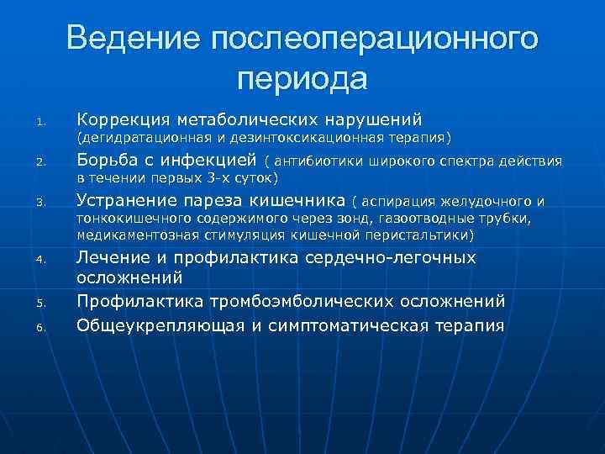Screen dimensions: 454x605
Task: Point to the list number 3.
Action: point(39,203)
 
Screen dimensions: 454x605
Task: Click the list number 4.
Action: point(39,261)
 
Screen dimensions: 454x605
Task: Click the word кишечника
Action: point(299,200)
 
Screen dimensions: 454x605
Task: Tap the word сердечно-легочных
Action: point(382,258)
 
